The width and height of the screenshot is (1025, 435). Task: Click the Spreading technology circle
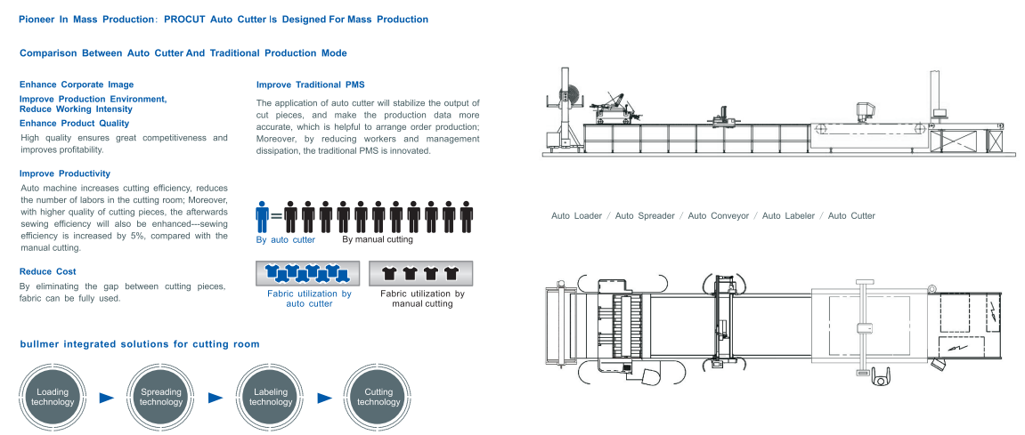[x=161, y=397]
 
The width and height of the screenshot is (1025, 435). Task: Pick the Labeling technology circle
[x=271, y=397]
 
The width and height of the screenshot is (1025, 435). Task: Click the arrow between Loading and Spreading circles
[x=107, y=398]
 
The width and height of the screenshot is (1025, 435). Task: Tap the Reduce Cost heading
[x=48, y=271]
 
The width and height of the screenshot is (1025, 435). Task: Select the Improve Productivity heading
[x=65, y=173]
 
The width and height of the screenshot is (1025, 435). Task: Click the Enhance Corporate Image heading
[x=77, y=85]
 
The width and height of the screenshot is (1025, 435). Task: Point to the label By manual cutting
[x=378, y=239]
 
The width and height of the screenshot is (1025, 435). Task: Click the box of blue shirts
[x=309, y=273]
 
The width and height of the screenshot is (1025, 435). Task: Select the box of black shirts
[x=421, y=273]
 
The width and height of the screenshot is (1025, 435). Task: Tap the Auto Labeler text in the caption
[x=788, y=216]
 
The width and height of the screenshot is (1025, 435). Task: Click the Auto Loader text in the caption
[x=576, y=216]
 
